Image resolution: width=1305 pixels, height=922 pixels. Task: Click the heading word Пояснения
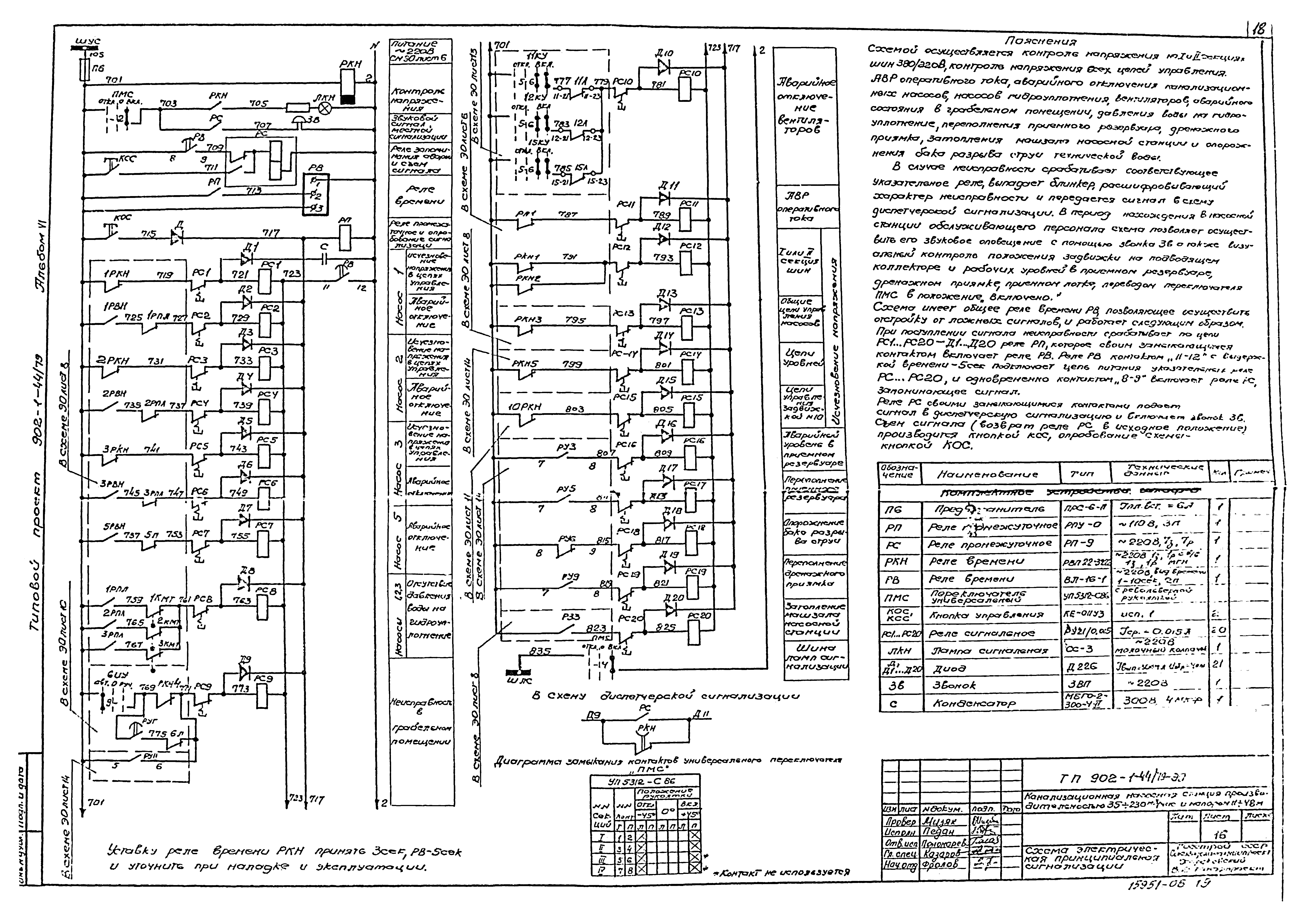click(x=1040, y=41)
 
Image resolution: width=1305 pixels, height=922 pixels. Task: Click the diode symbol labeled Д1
click(x=245, y=259)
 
